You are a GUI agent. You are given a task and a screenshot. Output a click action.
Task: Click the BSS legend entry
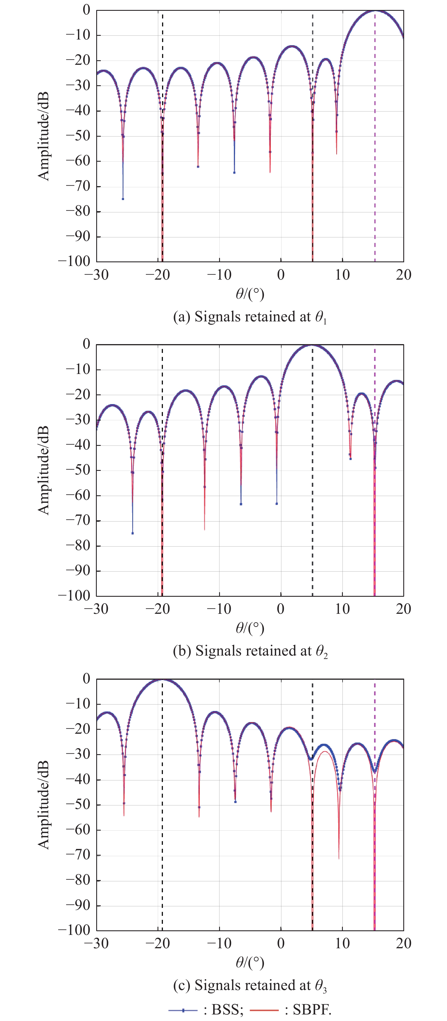(206, 1010)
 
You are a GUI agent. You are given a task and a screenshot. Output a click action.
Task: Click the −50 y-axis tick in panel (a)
(78, 136)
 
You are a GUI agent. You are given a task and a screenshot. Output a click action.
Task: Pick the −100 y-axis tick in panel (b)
(74, 596)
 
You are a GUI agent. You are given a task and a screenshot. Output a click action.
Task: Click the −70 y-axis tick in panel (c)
(78, 855)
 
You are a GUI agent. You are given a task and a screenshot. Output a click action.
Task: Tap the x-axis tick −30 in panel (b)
(96, 609)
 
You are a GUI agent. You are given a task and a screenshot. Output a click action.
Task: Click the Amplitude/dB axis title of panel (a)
(43, 136)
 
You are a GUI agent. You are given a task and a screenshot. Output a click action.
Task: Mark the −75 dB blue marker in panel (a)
(123, 199)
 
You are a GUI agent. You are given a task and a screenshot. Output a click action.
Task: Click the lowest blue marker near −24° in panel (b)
(132, 533)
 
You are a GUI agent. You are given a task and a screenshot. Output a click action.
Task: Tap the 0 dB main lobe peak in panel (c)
(162, 679)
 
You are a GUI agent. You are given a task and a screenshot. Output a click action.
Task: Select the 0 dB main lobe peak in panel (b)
(312, 345)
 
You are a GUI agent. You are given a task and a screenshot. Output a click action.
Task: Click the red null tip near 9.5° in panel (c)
(339, 858)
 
